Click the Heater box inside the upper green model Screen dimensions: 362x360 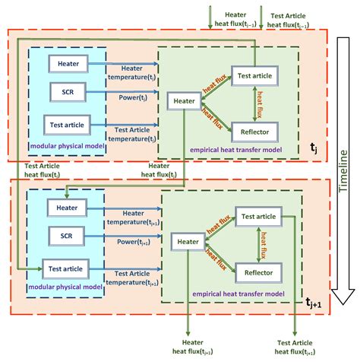pos(185,100)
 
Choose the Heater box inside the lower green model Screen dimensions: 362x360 pos(188,242)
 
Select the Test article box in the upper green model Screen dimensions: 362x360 pos(253,75)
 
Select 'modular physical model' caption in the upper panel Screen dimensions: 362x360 pos(65,144)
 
